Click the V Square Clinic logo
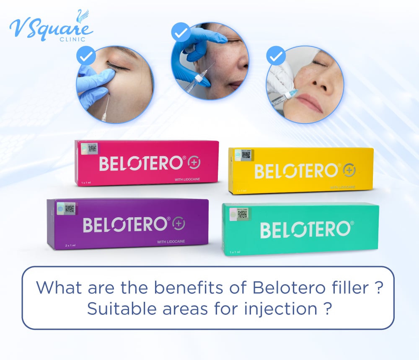pos(50,26)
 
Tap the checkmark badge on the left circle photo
pos(86,55)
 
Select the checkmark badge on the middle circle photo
pos(181,32)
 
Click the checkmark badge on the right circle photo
pos(276,56)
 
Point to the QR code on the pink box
pos(92,148)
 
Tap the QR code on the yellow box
pos(246,154)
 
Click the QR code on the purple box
pos(70,208)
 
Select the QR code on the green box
pos(242,213)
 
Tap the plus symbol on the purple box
pos(178,224)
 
